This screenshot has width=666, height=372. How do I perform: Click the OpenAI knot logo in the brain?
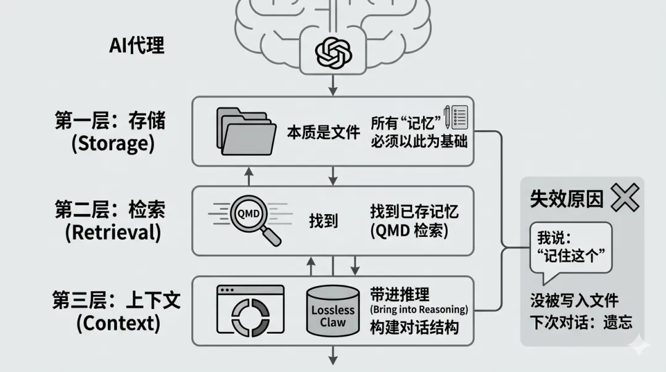333,52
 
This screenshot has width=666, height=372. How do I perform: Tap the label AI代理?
136,45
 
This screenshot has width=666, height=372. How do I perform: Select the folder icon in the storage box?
245,131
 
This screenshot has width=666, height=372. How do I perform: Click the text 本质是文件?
323,132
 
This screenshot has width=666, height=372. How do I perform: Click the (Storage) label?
113,144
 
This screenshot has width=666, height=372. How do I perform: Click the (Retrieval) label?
113,232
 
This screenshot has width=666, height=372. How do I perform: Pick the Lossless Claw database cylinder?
332,310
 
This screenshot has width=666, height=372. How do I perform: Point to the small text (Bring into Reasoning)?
419,309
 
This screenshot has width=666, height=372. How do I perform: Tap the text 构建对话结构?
414,327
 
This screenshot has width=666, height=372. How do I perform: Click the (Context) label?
118,323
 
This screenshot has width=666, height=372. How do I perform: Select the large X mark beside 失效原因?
624,198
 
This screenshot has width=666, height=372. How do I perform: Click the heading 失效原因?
566,199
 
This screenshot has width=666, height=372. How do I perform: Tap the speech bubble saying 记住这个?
569,247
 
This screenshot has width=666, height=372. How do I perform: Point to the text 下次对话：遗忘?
581,321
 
